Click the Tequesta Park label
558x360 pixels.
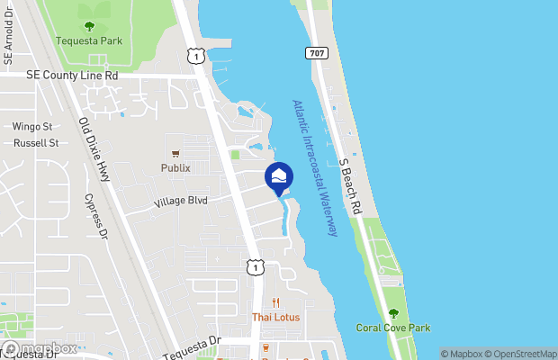[87, 41]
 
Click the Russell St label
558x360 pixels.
[36, 143]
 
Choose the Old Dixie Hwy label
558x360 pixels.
[94, 149]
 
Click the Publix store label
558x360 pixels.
[175, 167]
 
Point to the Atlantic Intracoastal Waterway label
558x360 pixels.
[314, 168]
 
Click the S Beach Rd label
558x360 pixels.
[350, 184]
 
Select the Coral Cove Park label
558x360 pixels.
[392, 328]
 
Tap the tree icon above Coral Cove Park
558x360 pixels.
[392, 313]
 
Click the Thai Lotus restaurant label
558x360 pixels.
[276, 317]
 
